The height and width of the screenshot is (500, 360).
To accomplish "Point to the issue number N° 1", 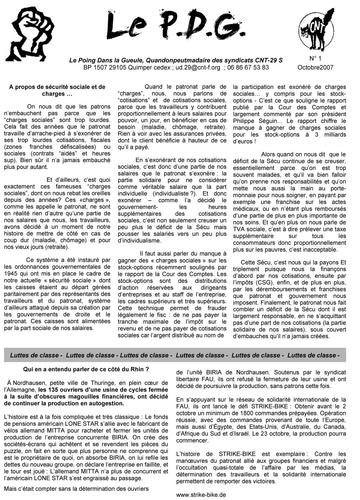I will tap(315, 58).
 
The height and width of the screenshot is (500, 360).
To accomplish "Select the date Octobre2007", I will tap(315, 67).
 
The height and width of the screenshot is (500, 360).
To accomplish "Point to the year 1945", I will tap(11, 274).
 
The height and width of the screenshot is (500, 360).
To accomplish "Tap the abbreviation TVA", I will tap(239, 229).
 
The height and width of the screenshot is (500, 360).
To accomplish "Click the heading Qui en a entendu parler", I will tap(86, 369).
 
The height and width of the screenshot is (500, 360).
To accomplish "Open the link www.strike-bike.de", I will tap(201, 495).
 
